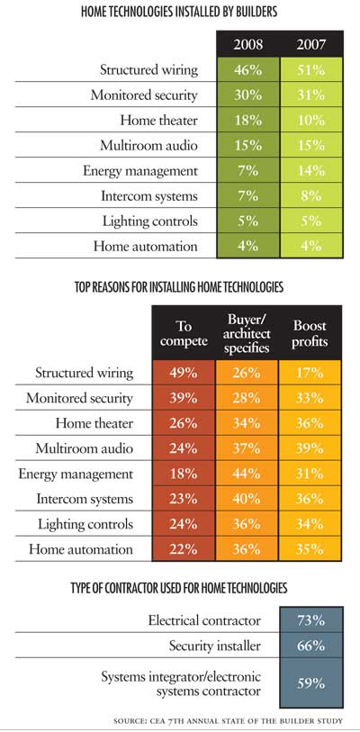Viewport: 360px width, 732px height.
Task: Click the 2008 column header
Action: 247,44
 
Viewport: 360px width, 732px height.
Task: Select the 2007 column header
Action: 311,44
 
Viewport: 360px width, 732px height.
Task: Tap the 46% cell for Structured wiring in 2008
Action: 247,69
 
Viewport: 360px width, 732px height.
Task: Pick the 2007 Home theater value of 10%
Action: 311,120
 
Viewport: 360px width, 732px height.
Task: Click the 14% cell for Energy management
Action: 311,170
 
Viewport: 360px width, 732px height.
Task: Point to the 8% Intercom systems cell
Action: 311,195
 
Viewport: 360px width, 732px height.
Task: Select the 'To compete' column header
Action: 184,333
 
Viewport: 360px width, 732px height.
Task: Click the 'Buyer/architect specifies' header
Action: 247,333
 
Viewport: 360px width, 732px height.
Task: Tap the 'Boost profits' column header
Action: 310,333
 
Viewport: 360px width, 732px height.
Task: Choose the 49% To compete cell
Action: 184,373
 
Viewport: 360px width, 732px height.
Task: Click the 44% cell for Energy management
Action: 247,474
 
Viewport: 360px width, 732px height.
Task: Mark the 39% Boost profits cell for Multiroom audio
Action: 310,448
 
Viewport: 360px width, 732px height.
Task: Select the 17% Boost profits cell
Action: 310,373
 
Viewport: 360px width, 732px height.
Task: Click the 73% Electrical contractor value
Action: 311,620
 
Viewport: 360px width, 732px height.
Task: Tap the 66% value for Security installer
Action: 311,646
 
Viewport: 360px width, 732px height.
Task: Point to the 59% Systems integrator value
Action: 311,683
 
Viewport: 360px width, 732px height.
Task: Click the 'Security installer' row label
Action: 215,646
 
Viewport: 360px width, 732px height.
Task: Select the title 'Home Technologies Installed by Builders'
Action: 179,12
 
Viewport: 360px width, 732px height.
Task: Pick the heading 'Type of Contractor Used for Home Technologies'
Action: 179,587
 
